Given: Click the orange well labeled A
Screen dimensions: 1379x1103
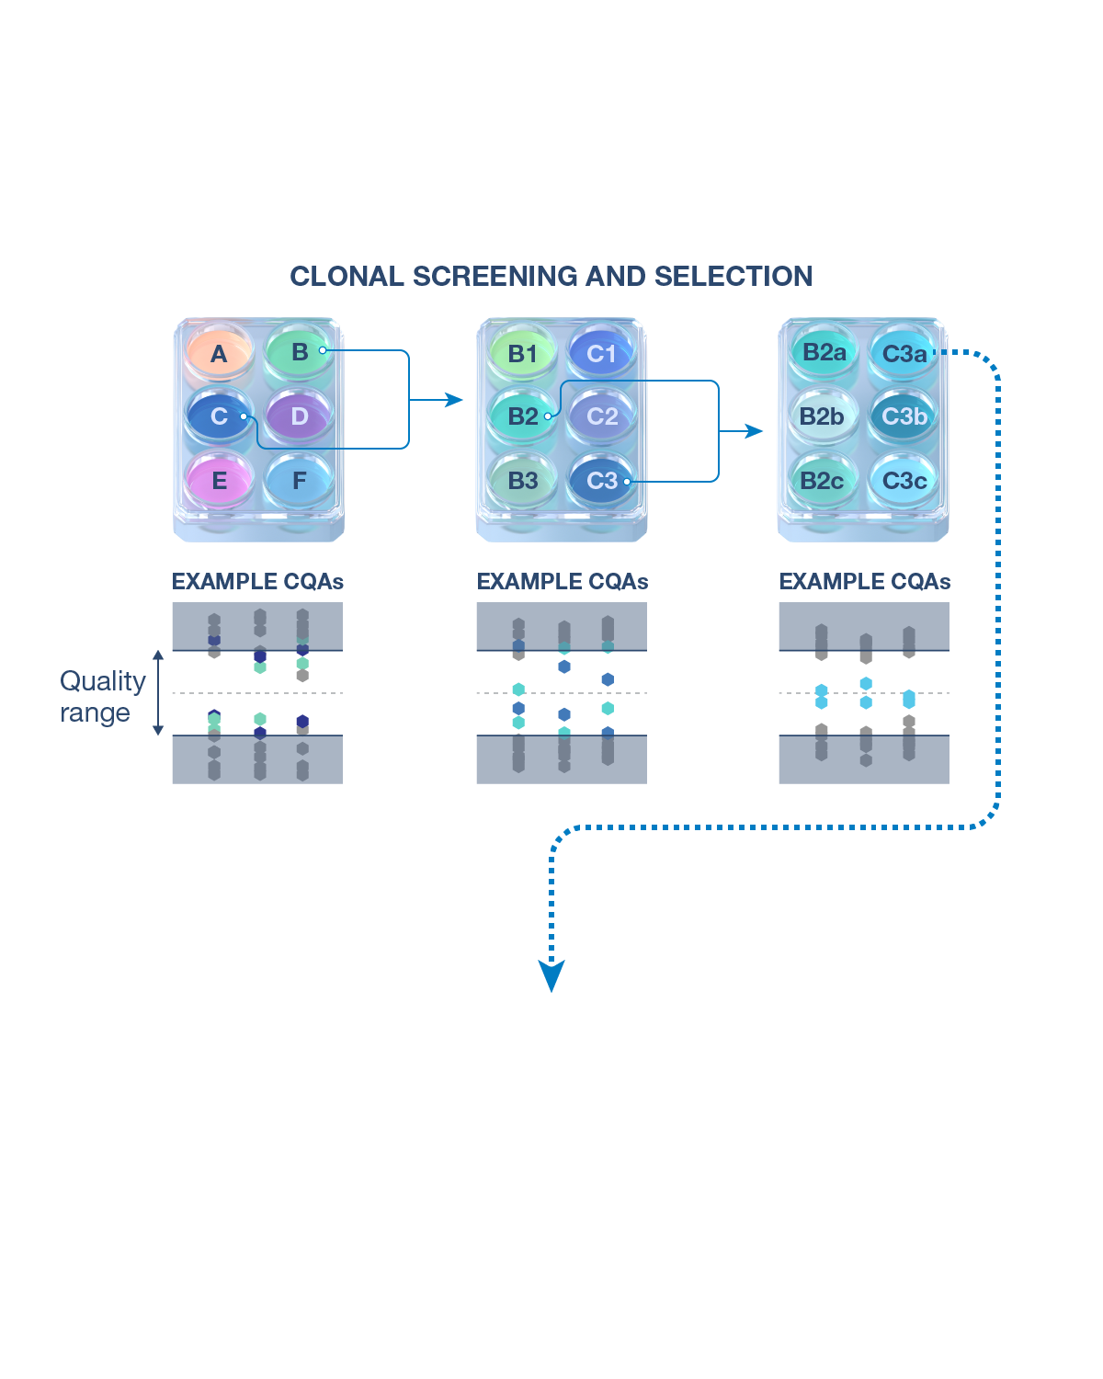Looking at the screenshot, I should [219, 353].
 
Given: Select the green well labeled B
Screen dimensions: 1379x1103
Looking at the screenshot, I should [299, 352].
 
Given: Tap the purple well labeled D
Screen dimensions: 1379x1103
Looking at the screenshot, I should [299, 416].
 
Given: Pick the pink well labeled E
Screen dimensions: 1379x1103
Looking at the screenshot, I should [219, 480].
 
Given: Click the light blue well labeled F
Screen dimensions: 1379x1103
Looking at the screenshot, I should [299, 480].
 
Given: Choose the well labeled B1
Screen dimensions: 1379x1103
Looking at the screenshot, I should [522, 353].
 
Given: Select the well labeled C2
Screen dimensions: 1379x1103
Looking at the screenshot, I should [602, 416].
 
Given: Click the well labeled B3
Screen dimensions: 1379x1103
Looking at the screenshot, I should [522, 480].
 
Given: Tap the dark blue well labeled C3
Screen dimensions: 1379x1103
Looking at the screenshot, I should [602, 480].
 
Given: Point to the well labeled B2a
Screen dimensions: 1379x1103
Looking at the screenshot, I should [824, 352].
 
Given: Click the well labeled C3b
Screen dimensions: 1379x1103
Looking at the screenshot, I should [904, 416].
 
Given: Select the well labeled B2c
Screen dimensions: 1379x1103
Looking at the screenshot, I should [822, 480].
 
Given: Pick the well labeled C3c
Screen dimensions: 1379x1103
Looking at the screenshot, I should [904, 480].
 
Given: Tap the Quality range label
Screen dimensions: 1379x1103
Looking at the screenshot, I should [102, 697].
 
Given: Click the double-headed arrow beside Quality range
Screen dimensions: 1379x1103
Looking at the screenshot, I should [158, 693].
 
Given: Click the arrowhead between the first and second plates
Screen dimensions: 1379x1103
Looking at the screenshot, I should [453, 400].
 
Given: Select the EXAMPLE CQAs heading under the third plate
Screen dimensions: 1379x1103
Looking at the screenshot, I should [864, 581].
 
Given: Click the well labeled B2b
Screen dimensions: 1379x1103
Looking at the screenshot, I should [822, 416].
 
